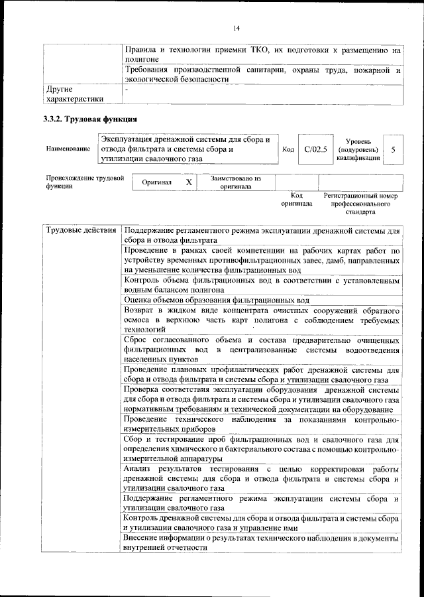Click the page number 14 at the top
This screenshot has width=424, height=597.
[236, 27]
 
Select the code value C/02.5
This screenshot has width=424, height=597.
[315, 149]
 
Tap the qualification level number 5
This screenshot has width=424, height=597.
[393, 150]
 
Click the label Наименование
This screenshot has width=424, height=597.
[68, 149]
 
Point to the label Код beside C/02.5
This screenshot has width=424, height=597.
[288, 149]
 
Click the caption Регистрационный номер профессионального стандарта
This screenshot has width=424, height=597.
[360, 204]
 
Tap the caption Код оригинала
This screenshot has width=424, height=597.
[296, 200]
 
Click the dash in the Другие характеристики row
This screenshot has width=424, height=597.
[127, 88]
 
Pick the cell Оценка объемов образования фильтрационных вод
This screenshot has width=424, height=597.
[217, 300]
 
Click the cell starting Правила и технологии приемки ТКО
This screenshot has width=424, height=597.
[262, 54]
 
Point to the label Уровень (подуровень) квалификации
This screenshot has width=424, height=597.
[358, 150]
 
